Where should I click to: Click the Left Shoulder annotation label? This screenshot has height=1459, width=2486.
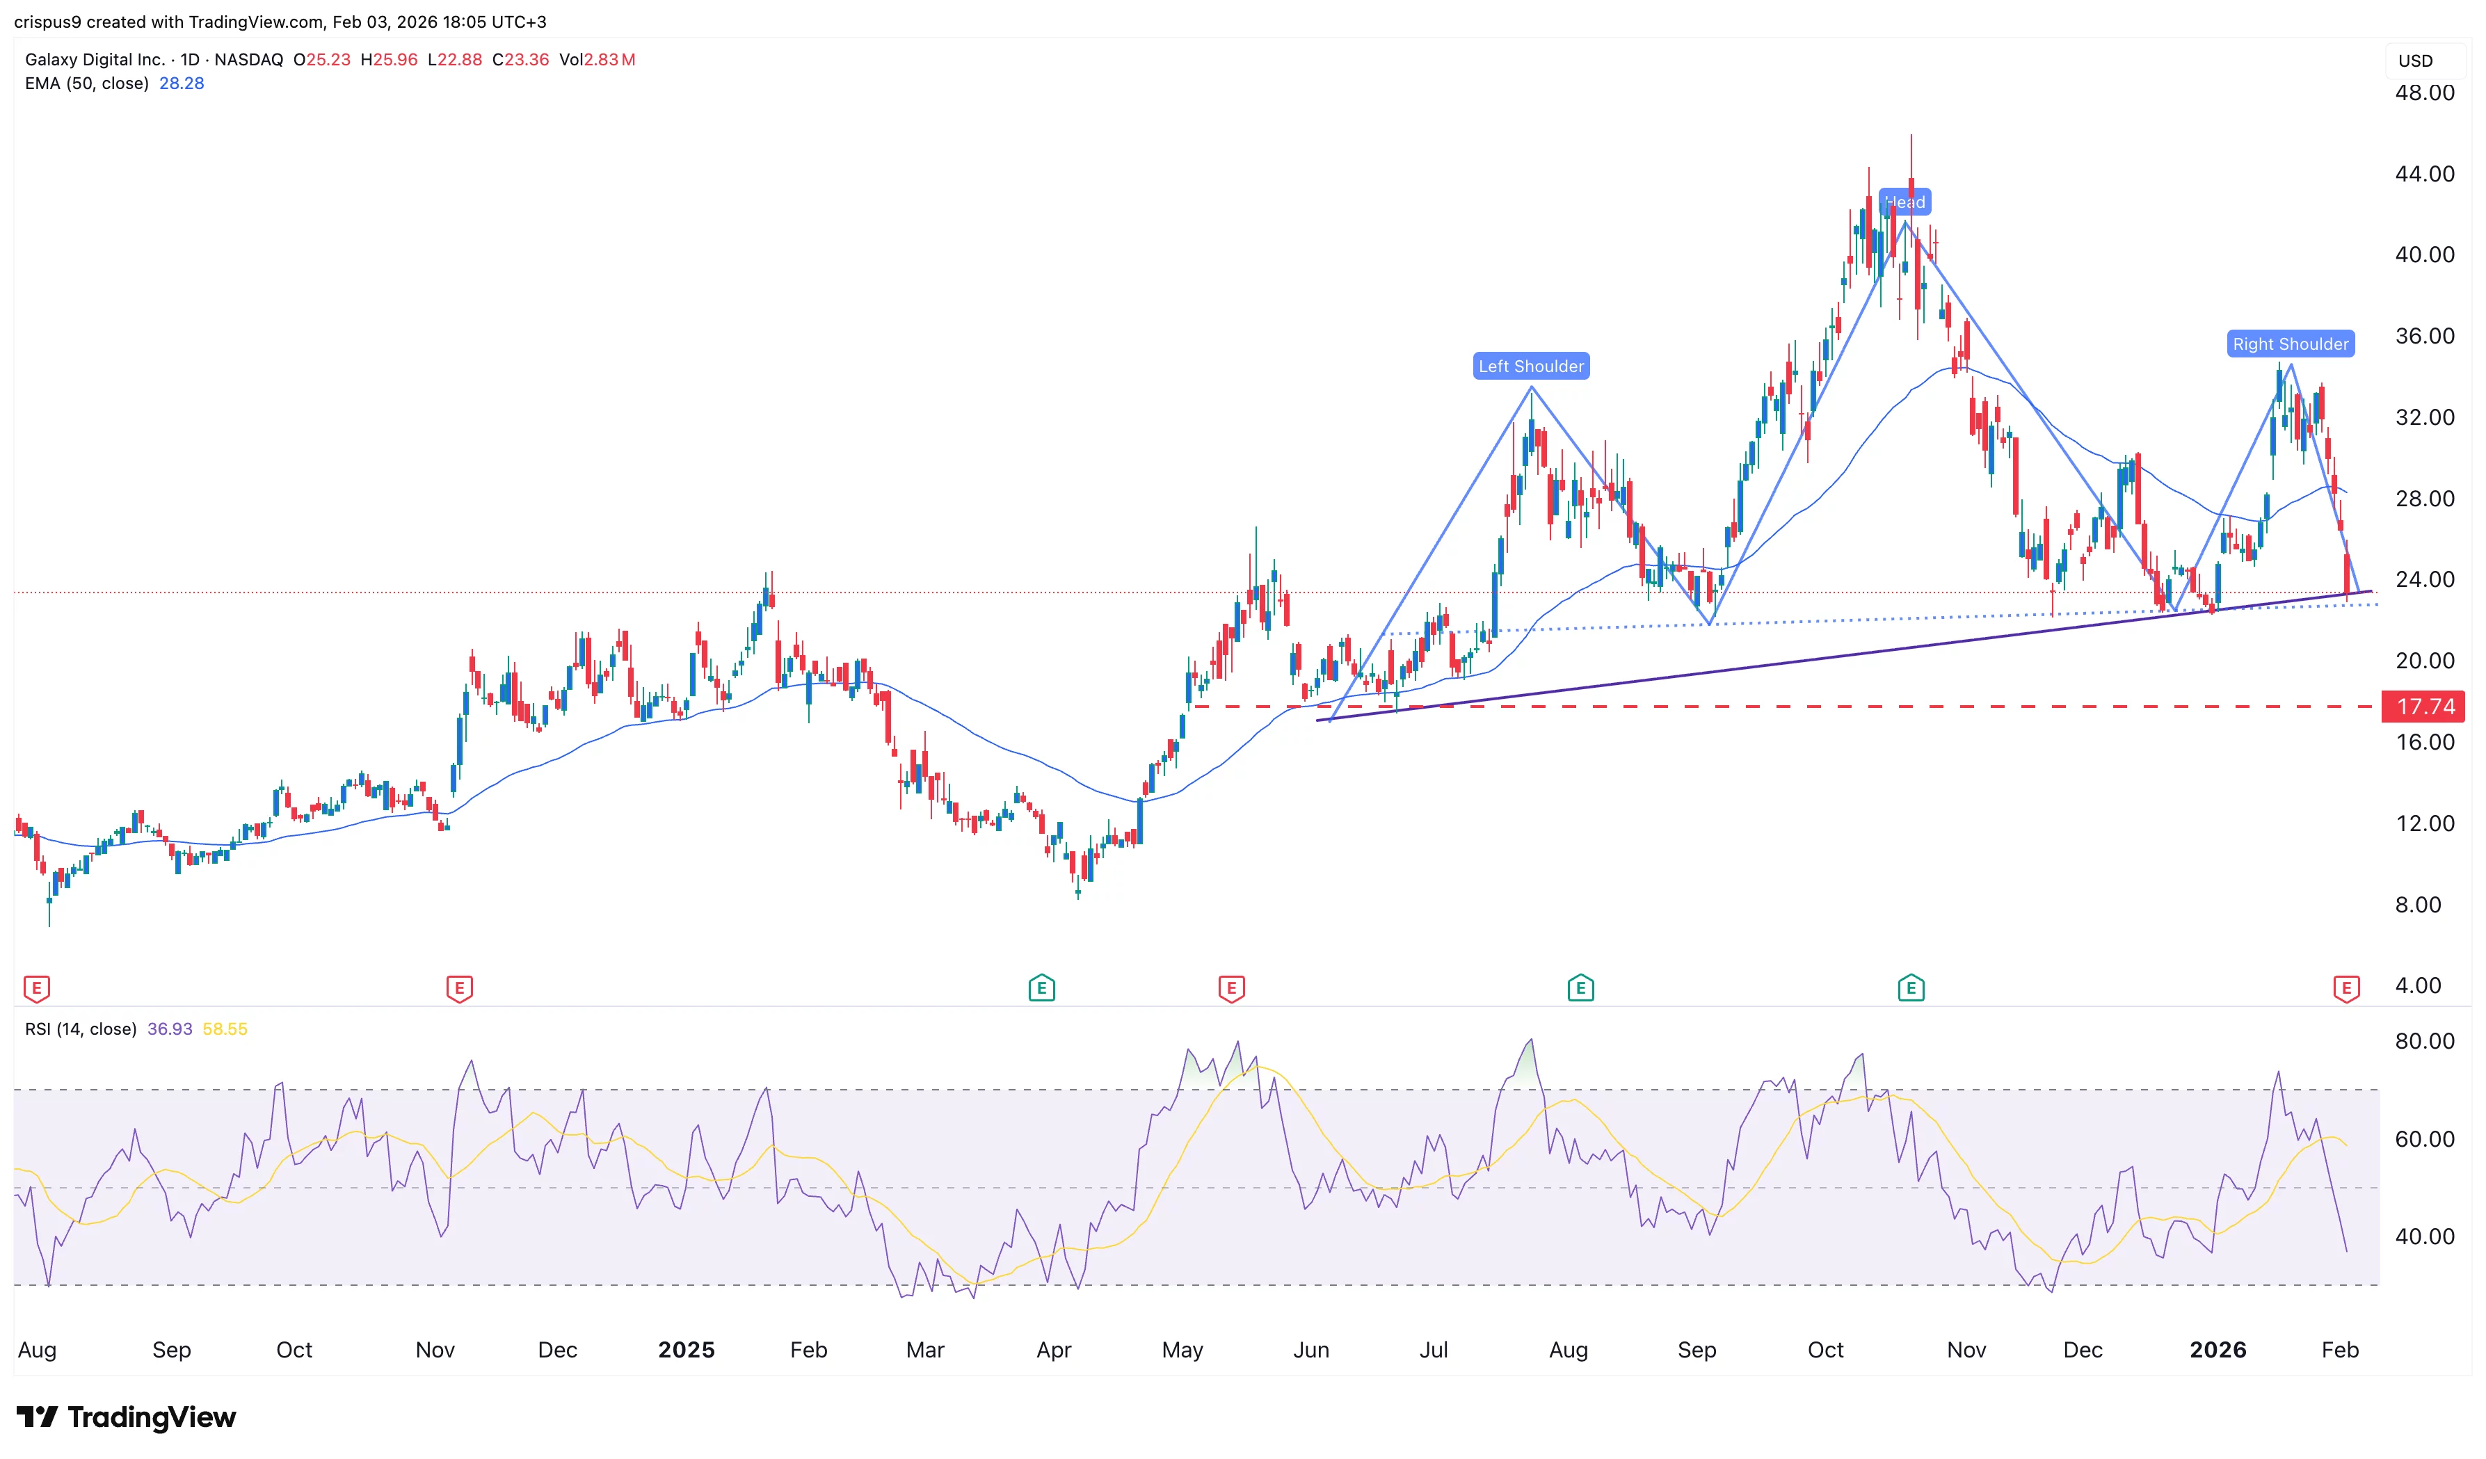(x=1530, y=366)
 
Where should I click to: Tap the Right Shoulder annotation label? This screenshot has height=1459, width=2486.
(x=2290, y=344)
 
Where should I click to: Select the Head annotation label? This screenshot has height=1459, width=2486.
(x=1904, y=202)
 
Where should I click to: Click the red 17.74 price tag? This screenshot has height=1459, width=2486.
(x=2425, y=707)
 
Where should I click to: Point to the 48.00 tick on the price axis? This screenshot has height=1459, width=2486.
(x=2424, y=92)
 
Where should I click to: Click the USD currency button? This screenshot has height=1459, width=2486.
(x=2415, y=61)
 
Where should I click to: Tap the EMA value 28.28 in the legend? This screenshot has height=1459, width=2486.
(x=182, y=83)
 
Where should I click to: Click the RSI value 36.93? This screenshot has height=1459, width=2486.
(x=170, y=1029)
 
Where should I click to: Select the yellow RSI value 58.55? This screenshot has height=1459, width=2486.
(x=225, y=1029)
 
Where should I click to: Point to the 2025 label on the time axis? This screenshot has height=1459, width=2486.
(x=686, y=1350)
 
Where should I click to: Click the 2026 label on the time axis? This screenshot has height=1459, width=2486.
(x=2217, y=1350)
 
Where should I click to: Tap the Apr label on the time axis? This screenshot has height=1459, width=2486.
(x=1054, y=1350)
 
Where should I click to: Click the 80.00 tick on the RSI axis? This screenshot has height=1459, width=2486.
(x=2424, y=1041)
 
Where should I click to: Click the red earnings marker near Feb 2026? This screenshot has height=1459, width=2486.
(x=2346, y=988)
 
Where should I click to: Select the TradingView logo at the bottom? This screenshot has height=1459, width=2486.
(x=127, y=1417)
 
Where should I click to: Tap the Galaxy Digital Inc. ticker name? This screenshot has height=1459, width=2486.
(x=95, y=59)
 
